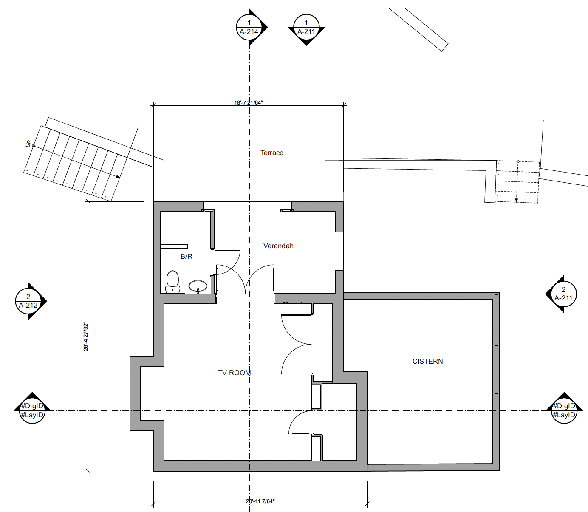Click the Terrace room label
click(x=271, y=153)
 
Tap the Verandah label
click(x=278, y=246)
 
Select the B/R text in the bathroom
click(x=186, y=256)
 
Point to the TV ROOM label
click(x=234, y=373)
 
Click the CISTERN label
click(x=428, y=362)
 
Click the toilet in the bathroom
click(x=172, y=282)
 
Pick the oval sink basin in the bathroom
click(x=198, y=286)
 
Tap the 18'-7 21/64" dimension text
click(x=249, y=102)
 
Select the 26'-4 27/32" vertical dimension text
click(x=86, y=337)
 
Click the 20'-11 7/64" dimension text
click(x=260, y=501)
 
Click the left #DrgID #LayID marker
click(x=32, y=410)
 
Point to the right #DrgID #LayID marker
click(x=564, y=410)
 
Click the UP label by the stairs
click(x=28, y=144)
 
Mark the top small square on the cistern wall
click(x=496, y=296)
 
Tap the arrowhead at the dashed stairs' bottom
click(x=516, y=200)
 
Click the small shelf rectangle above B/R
click(x=174, y=246)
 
